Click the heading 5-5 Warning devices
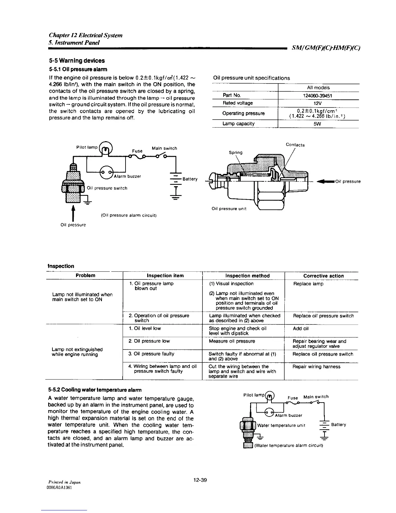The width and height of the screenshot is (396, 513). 77,61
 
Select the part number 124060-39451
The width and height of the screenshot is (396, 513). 318,96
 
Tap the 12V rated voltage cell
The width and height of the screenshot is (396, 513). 318,103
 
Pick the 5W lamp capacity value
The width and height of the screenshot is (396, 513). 318,124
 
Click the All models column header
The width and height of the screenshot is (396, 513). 318,87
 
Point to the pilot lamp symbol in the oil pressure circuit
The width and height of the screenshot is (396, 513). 106,149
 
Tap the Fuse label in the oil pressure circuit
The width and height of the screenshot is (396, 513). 137,151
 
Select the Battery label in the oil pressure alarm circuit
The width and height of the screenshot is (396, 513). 190,179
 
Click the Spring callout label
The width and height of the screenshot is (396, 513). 236,152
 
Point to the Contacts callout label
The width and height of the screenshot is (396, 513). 295,145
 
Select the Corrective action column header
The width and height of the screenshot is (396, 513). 323,276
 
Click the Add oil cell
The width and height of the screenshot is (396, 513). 301,328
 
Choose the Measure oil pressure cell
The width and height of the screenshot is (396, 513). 232,341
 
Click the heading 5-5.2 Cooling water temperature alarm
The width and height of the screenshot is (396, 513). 95,389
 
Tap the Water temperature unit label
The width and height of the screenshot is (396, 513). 281,425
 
